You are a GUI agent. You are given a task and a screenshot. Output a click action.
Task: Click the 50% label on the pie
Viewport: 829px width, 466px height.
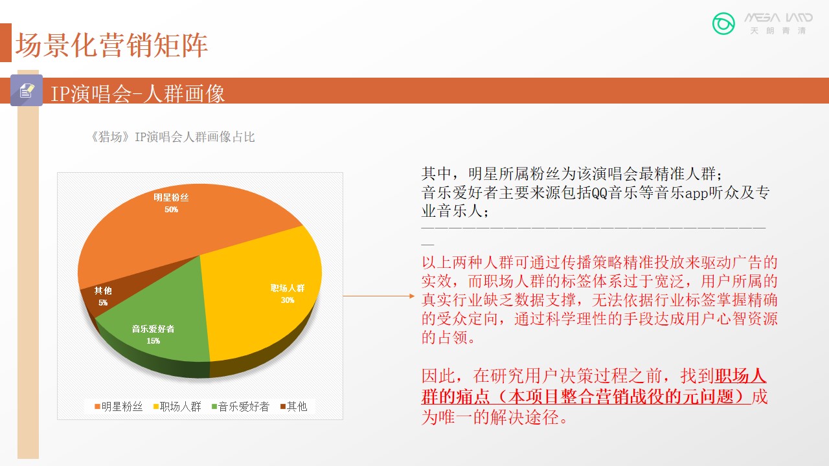pyautogui.click(x=172, y=210)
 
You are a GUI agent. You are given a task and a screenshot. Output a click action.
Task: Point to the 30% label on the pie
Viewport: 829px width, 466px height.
pyautogui.click(x=288, y=300)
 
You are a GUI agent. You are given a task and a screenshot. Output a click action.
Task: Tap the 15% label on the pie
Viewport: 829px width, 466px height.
pyautogui.click(x=153, y=340)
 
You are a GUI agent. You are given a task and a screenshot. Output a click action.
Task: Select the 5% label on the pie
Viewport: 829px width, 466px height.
pyautogui.click(x=103, y=302)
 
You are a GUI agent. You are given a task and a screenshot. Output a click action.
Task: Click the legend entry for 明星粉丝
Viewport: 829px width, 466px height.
pyautogui.click(x=119, y=407)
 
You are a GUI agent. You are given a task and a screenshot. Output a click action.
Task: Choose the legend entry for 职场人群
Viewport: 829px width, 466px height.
pyautogui.click(x=177, y=407)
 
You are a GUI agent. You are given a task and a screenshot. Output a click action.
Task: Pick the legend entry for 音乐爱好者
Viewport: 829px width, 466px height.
pyautogui.click(x=240, y=407)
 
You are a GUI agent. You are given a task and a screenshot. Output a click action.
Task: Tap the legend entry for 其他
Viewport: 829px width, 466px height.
pyautogui.click(x=294, y=407)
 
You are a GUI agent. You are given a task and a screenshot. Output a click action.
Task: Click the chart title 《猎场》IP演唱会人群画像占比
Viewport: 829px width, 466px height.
pyautogui.click(x=172, y=137)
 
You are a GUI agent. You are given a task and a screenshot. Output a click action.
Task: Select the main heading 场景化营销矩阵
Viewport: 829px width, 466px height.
pyautogui.click(x=111, y=45)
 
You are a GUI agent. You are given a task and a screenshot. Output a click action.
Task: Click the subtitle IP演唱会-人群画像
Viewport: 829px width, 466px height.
pyautogui.click(x=137, y=93)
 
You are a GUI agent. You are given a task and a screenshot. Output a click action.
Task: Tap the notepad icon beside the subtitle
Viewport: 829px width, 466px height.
pyautogui.click(x=27, y=90)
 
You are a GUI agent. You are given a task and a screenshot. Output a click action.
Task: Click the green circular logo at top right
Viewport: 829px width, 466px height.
pyautogui.click(x=723, y=24)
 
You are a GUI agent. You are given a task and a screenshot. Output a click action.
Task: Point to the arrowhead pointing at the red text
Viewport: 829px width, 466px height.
pyautogui.click(x=412, y=296)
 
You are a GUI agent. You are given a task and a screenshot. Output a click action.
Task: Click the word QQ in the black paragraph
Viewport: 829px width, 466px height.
pyautogui.click(x=600, y=193)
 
